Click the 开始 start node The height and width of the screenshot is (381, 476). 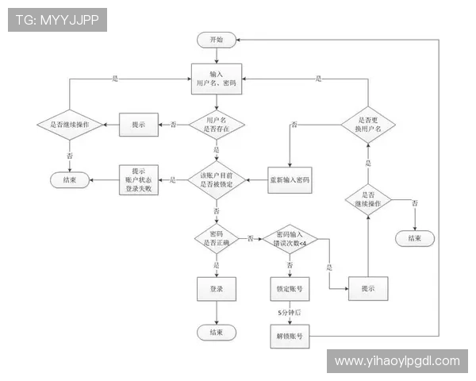(216, 39)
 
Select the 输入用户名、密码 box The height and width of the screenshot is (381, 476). (216, 78)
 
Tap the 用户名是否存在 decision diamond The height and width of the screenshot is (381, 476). (216, 124)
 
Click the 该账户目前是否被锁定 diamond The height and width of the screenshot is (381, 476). (216, 180)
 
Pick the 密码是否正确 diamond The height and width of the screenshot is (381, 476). (216, 237)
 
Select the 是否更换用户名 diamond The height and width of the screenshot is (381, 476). (367, 124)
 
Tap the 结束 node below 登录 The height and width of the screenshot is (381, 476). (216, 331)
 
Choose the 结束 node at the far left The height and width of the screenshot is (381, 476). (70, 180)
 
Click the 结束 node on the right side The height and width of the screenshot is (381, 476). (414, 237)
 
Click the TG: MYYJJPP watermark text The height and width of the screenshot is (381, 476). (57, 20)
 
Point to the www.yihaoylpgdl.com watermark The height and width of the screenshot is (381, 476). (397, 361)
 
